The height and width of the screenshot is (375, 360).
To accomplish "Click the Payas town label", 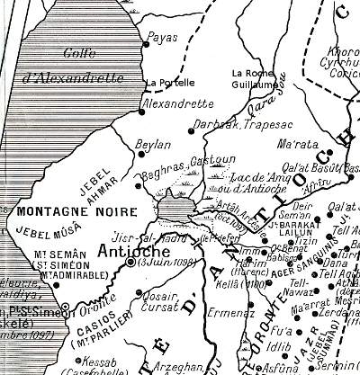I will (165, 37).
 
